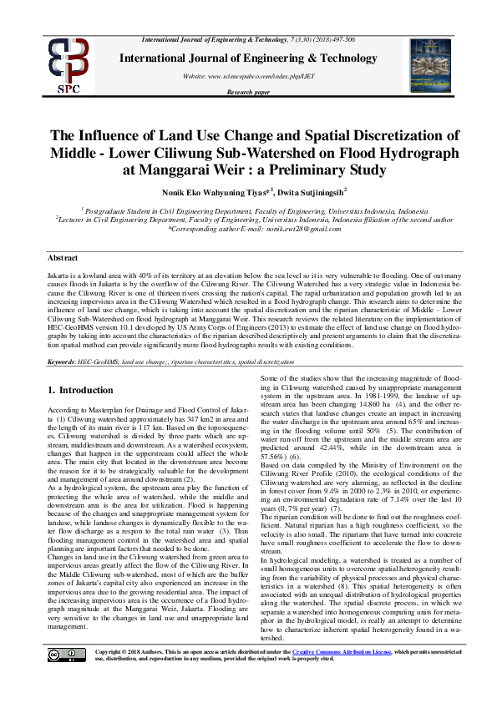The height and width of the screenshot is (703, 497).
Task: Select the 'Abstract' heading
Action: coord(63,259)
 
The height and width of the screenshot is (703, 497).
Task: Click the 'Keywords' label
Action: coord(61,361)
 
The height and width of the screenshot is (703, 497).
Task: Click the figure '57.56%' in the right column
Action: coord(266,457)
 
